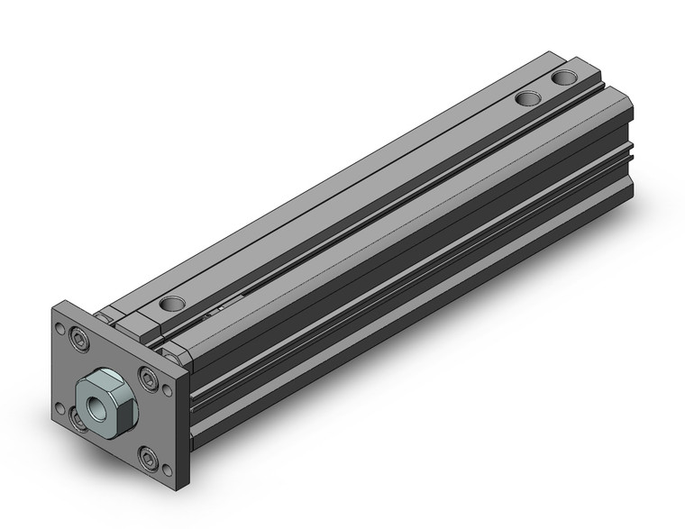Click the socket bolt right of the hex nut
[x=146, y=376]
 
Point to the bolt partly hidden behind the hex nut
[x=76, y=415]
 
